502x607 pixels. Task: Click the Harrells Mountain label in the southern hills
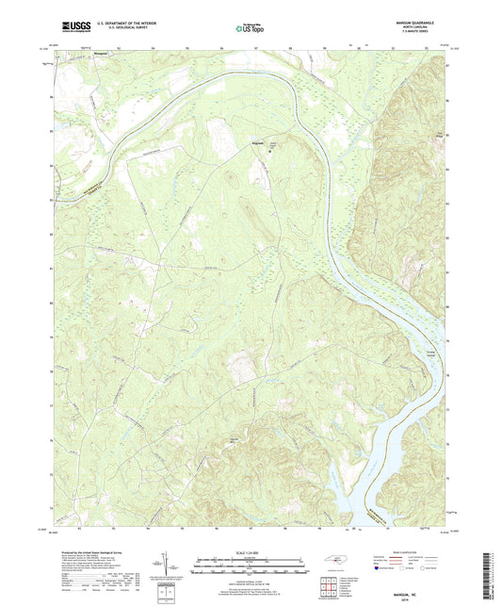pyautogui.click(x=231, y=437)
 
